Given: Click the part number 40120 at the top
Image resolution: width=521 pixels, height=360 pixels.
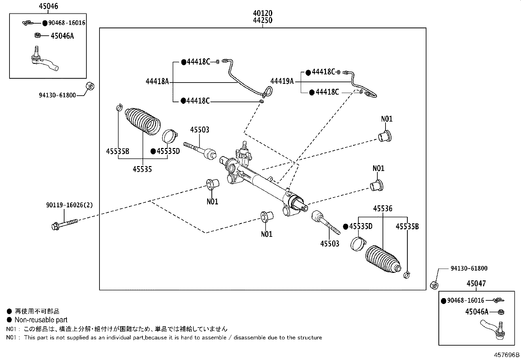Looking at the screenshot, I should pos(262,13).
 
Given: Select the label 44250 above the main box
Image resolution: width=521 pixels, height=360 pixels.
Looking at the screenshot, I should pos(262,21).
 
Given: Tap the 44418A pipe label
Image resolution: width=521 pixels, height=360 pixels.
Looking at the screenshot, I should pos(157,82).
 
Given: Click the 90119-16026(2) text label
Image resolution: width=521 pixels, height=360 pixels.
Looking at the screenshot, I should pos(69,205).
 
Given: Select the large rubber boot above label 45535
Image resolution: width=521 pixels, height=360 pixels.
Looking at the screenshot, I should pos(143,120).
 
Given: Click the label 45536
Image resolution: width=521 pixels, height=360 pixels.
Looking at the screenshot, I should pos(383,208).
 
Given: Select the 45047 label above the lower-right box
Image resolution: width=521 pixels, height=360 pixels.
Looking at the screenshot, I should pos(476,284).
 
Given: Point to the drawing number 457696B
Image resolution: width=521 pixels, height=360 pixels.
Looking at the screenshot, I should pos(506,355).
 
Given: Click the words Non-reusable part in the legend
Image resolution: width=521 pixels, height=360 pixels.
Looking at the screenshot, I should pos(41,320).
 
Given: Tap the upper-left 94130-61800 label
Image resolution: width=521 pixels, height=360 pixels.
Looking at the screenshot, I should pos(57,95).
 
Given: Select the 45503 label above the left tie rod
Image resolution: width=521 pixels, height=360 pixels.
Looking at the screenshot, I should pos(200,130).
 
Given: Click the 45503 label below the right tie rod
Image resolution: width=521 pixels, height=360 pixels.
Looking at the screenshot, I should pos(330,244).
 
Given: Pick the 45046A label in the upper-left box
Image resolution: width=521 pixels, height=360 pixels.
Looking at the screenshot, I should pos(62,36).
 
